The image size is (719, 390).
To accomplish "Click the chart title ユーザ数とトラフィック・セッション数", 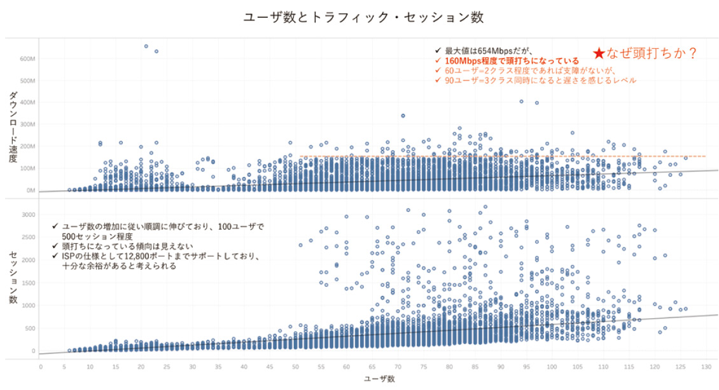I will click(363, 17).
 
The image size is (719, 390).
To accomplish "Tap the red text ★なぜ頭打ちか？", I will click(645, 53).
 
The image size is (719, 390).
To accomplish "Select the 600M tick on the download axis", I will click(27, 59).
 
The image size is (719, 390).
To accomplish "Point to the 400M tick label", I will click(27, 102).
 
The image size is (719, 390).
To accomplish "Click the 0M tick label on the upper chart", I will click(30, 190).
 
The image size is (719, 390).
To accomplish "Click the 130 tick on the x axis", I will click(706, 367).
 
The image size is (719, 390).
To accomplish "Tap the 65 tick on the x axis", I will click(373, 367).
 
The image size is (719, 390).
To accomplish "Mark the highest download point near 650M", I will click(146, 46).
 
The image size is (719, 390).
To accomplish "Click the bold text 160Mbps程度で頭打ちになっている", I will click(502, 60).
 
